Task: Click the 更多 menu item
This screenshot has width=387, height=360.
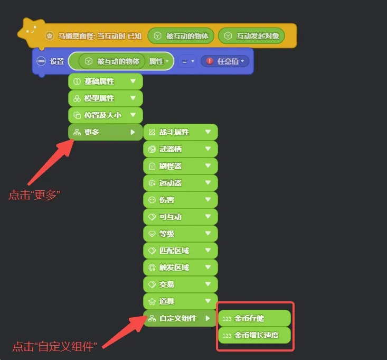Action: click(106, 132)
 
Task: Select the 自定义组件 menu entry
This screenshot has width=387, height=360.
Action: click(180, 318)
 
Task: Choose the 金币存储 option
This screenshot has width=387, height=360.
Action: click(254, 318)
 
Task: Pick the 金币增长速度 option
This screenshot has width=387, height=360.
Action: click(254, 335)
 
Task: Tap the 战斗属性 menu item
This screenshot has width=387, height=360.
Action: click(181, 132)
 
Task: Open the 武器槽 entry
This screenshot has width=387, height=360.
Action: click(181, 149)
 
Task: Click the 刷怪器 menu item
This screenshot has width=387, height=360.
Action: click(181, 166)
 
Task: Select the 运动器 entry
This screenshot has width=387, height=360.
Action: click(181, 183)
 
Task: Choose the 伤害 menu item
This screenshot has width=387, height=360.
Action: click(181, 200)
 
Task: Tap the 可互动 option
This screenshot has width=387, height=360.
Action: click(181, 217)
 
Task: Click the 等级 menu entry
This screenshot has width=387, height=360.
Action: click(181, 234)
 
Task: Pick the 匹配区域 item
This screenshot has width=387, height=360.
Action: click(181, 251)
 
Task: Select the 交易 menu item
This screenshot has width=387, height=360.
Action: click(181, 284)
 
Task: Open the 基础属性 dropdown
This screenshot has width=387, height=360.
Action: click(106, 81)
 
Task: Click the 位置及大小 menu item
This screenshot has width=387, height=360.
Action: click(106, 115)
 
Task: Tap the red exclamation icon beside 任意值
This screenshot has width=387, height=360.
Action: click(210, 61)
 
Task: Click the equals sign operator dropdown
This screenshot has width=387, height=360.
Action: click(187, 61)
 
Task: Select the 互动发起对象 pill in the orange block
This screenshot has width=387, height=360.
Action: click(251, 36)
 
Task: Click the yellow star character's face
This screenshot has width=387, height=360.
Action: click(31, 31)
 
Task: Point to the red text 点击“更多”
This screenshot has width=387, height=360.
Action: click(34, 195)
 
